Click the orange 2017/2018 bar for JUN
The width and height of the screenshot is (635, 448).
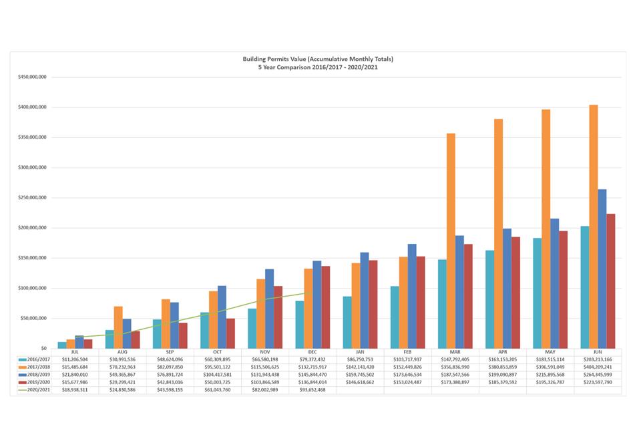[594, 227]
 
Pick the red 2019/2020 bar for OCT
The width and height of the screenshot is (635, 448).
[230, 333]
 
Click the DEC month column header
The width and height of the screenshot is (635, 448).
[312, 351]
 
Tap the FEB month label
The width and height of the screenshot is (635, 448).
[407, 351]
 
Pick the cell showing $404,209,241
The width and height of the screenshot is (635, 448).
[598, 366]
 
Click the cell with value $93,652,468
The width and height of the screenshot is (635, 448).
[312, 389]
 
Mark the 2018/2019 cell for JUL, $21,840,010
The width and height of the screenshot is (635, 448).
[75, 374]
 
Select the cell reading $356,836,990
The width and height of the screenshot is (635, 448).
[455, 366]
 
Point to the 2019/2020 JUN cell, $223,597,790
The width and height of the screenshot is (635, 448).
[598, 382]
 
